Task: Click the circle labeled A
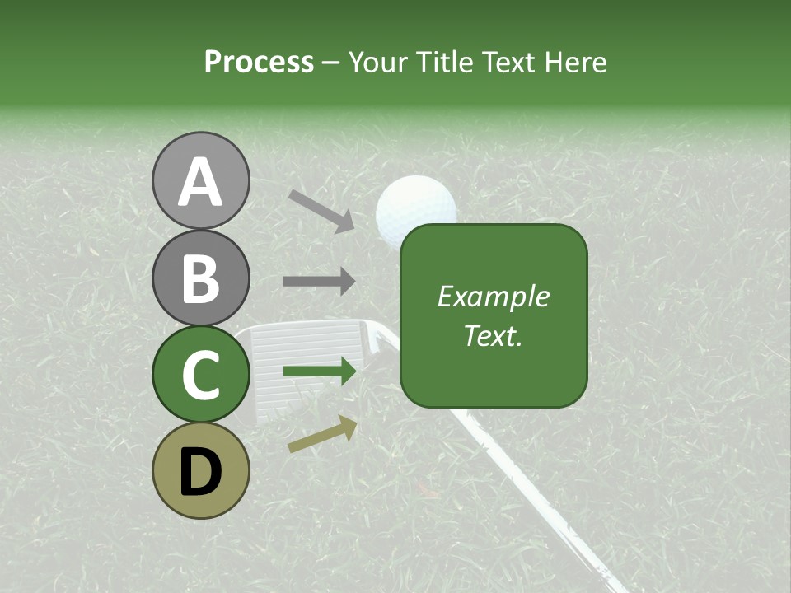coord(200,180)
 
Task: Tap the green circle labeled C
coord(200,374)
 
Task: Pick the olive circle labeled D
coord(200,470)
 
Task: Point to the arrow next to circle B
coord(319,282)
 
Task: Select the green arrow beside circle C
coord(320,371)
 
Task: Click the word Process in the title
coord(259,63)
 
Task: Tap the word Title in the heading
coord(443,63)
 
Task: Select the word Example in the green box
coord(493,296)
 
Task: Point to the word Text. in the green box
coord(493,335)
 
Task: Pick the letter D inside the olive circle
coord(200,471)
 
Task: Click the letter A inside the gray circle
coord(200,182)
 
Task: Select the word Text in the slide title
coord(506,63)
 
